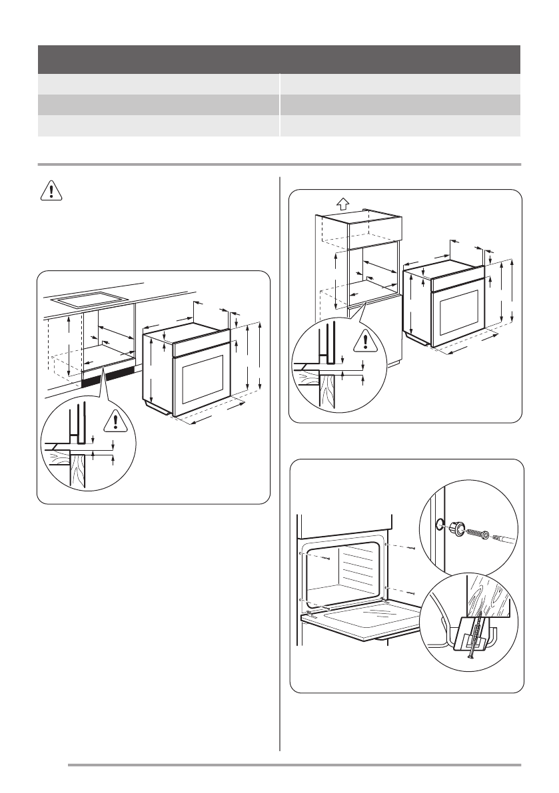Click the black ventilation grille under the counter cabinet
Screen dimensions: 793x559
point(107,378)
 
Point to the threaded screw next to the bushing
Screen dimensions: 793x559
point(476,533)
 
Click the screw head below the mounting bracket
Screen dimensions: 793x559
point(470,659)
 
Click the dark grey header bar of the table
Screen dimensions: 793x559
point(279,59)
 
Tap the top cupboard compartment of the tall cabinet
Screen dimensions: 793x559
point(373,230)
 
